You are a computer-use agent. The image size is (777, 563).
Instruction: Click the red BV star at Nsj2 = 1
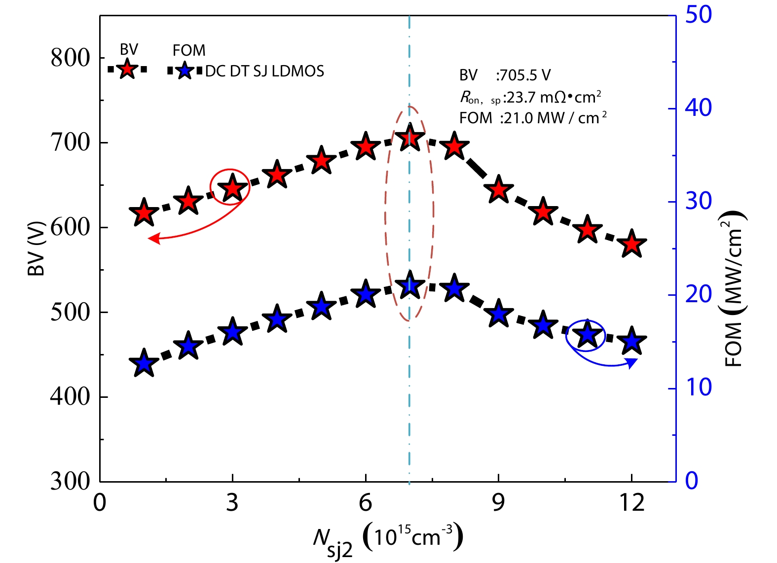pyautogui.click(x=144, y=213)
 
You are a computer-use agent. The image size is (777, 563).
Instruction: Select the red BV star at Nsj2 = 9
pyautogui.click(x=499, y=189)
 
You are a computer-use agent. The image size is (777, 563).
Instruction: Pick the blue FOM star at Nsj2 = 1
pyautogui.click(x=144, y=363)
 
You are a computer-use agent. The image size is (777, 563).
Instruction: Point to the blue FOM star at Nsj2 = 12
pyautogui.click(x=632, y=341)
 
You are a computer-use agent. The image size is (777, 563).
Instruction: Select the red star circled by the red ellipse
pyautogui.click(x=232, y=188)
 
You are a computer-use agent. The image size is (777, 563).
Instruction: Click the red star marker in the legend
pyautogui.click(x=127, y=70)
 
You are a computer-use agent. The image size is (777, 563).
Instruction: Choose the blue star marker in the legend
pyautogui.click(x=185, y=71)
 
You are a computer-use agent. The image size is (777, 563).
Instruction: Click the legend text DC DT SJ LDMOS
pyautogui.click(x=264, y=71)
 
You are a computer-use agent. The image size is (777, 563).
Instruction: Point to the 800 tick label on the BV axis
pyautogui.click(x=71, y=58)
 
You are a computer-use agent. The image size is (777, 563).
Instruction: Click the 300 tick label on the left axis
pyautogui.click(x=71, y=481)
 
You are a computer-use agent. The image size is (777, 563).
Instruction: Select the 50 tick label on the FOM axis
pyautogui.click(x=698, y=15)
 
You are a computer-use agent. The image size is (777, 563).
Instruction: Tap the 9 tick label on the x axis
pyautogui.click(x=499, y=503)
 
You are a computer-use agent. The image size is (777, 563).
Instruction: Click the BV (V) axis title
pyautogui.click(x=36, y=248)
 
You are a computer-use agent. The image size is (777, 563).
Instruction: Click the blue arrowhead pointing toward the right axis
pyautogui.click(x=633, y=363)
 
